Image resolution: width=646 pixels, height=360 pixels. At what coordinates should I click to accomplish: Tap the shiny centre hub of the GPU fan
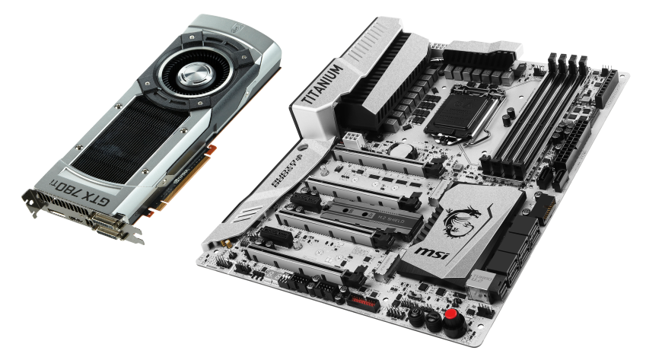pos(190,77)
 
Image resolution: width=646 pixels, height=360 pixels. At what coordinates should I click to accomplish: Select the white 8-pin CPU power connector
pos(352,142)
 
